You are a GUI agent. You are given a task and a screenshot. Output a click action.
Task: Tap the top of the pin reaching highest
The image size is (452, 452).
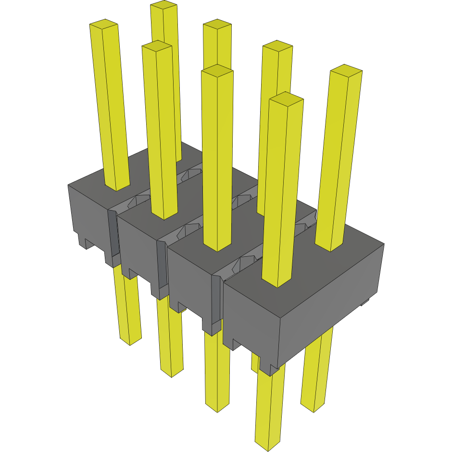(163, 5)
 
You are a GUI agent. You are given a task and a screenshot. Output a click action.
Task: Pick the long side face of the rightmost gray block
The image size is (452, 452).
(332, 308)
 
